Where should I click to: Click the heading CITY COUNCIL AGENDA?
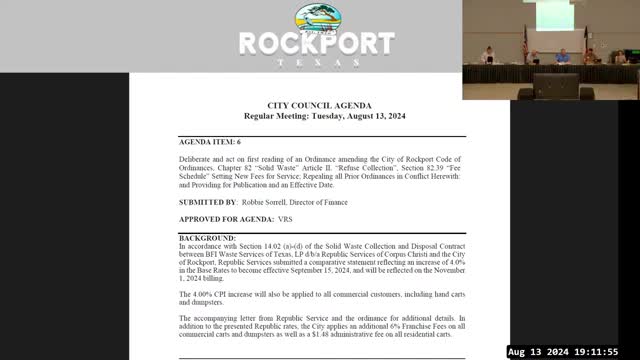point(319,105)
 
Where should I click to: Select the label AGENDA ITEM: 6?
point(210,143)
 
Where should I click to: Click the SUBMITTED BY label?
point(207,202)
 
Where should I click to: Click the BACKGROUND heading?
point(208,238)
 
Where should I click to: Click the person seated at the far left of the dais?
point(487,54)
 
